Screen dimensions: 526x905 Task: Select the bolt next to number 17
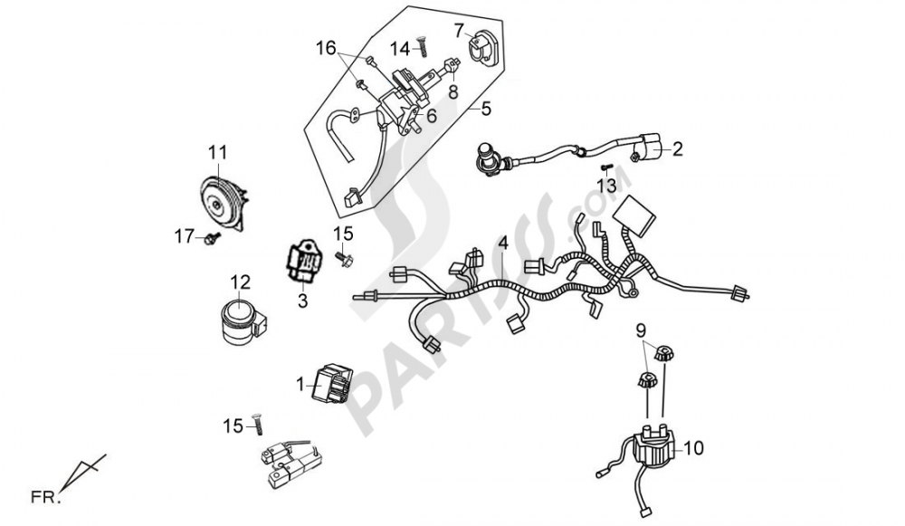pyautogui.click(x=211, y=238)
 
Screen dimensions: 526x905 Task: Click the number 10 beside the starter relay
pyautogui.click(x=694, y=447)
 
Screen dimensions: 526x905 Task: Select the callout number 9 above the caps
pyautogui.click(x=640, y=330)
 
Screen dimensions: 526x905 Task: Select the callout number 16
pyautogui.click(x=325, y=47)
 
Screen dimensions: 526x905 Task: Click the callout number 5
pyautogui.click(x=485, y=110)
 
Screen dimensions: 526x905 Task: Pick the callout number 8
pyautogui.click(x=453, y=91)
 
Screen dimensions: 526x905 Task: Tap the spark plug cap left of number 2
pyautogui.click(x=489, y=161)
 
